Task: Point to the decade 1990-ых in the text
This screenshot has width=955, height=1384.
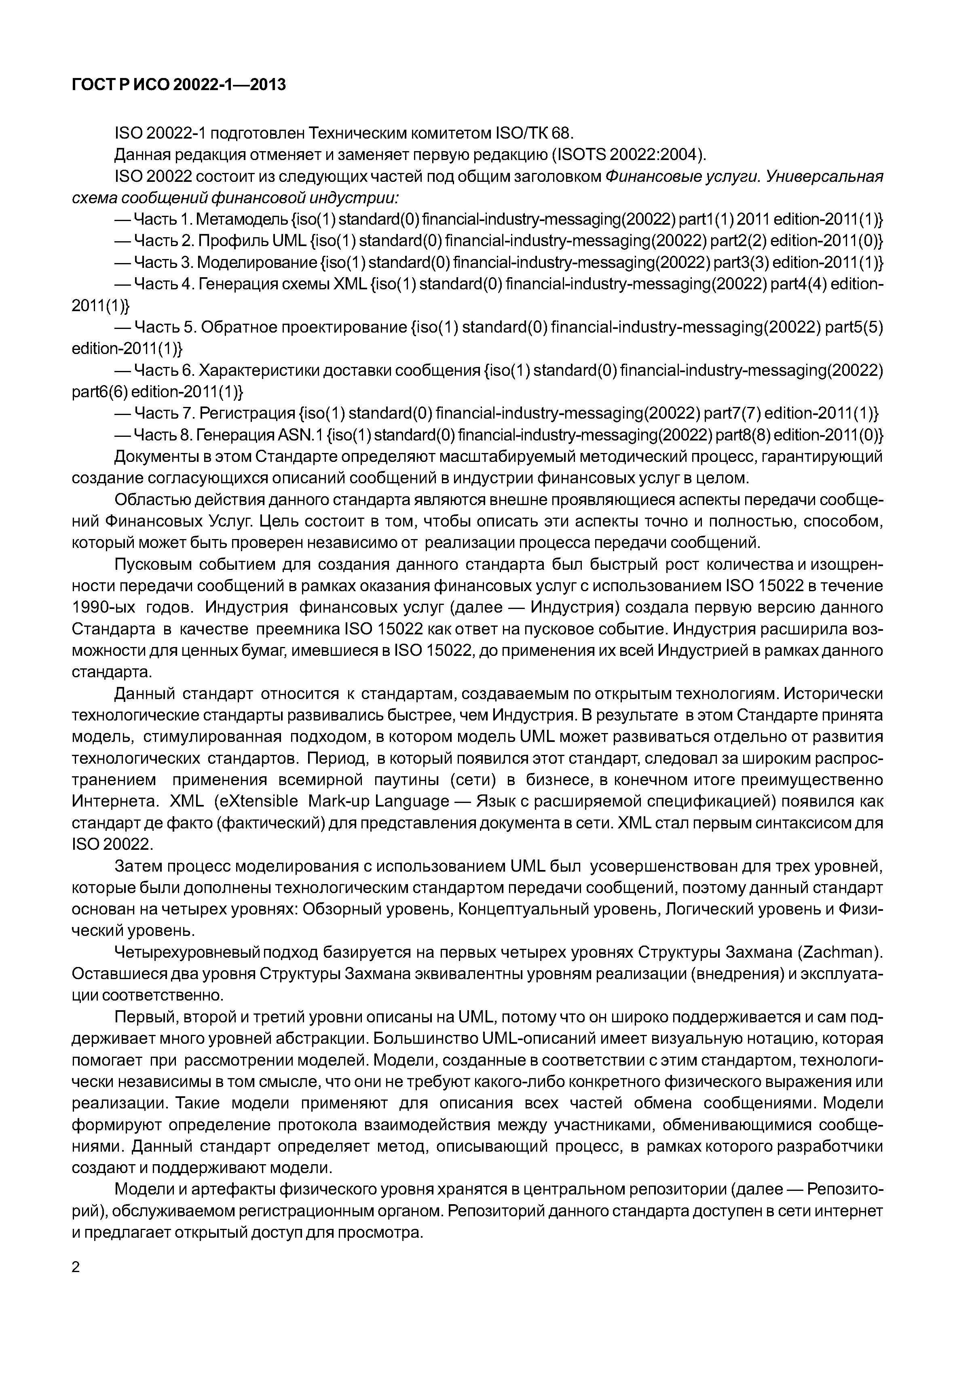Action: click(103, 608)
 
